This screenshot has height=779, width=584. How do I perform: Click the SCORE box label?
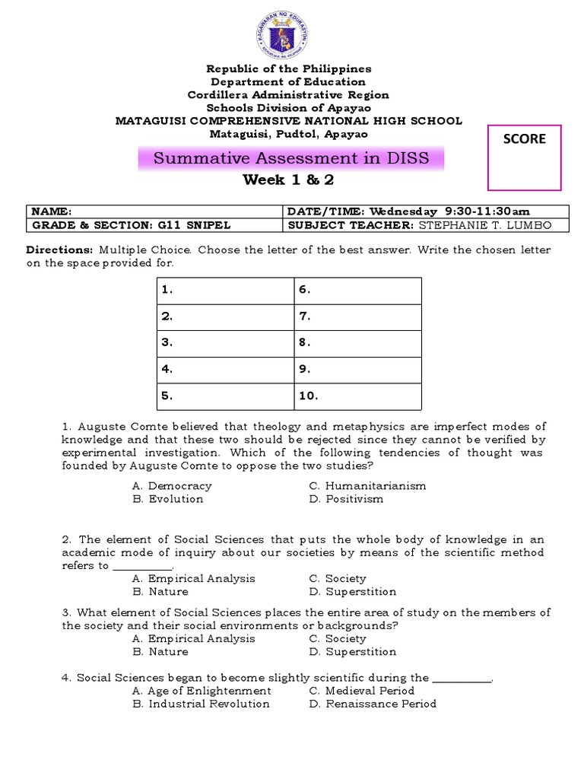tap(525, 138)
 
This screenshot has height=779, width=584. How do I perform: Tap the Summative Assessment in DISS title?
tap(291, 158)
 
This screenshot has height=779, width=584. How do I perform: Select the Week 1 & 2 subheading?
tap(288, 180)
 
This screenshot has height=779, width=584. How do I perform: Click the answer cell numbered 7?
tap(357, 316)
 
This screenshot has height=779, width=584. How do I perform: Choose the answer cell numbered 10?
tap(357, 396)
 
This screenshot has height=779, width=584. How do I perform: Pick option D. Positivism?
tap(346, 499)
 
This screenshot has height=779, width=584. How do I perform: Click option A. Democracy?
tap(172, 485)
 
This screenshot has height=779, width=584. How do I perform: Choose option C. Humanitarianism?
tap(367, 485)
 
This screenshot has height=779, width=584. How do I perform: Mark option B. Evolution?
tap(167, 499)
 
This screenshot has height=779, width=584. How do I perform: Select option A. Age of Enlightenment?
tap(202, 691)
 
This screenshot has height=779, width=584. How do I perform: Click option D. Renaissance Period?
tap(373, 704)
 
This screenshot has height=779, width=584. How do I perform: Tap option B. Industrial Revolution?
tap(201, 704)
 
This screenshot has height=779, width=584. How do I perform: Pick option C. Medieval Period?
tap(362, 691)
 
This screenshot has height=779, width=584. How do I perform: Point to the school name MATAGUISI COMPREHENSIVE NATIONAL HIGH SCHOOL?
tap(288, 121)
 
